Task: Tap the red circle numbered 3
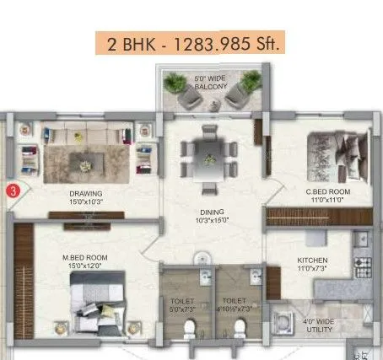pos(12,191)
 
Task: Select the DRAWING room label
pos(86,193)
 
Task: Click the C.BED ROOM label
pos(328,192)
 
